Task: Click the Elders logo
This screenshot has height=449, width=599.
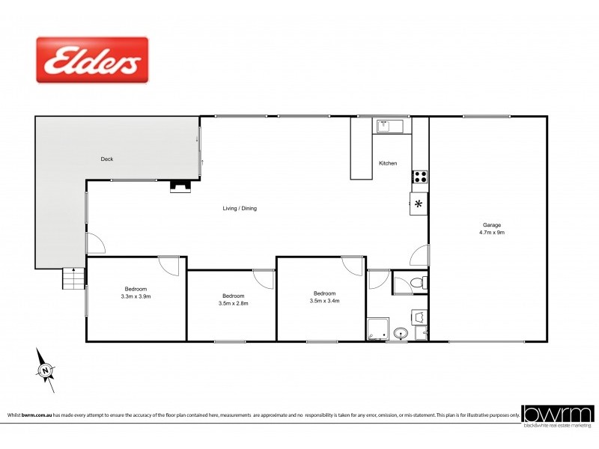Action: coord(92,60)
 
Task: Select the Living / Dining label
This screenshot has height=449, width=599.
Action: coord(240,208)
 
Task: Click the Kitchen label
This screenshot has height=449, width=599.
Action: coord(388,163)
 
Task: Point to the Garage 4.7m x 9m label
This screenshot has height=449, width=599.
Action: coord(491,228)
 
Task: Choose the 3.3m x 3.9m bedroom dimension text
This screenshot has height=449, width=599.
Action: coord(136,296)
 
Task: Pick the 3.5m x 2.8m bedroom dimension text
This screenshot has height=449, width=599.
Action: coord(233,303)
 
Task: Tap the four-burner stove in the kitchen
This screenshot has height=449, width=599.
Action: coord(420,177)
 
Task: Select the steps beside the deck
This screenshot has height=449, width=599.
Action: coord(73,281)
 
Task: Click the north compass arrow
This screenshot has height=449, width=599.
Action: coord(46,370)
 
